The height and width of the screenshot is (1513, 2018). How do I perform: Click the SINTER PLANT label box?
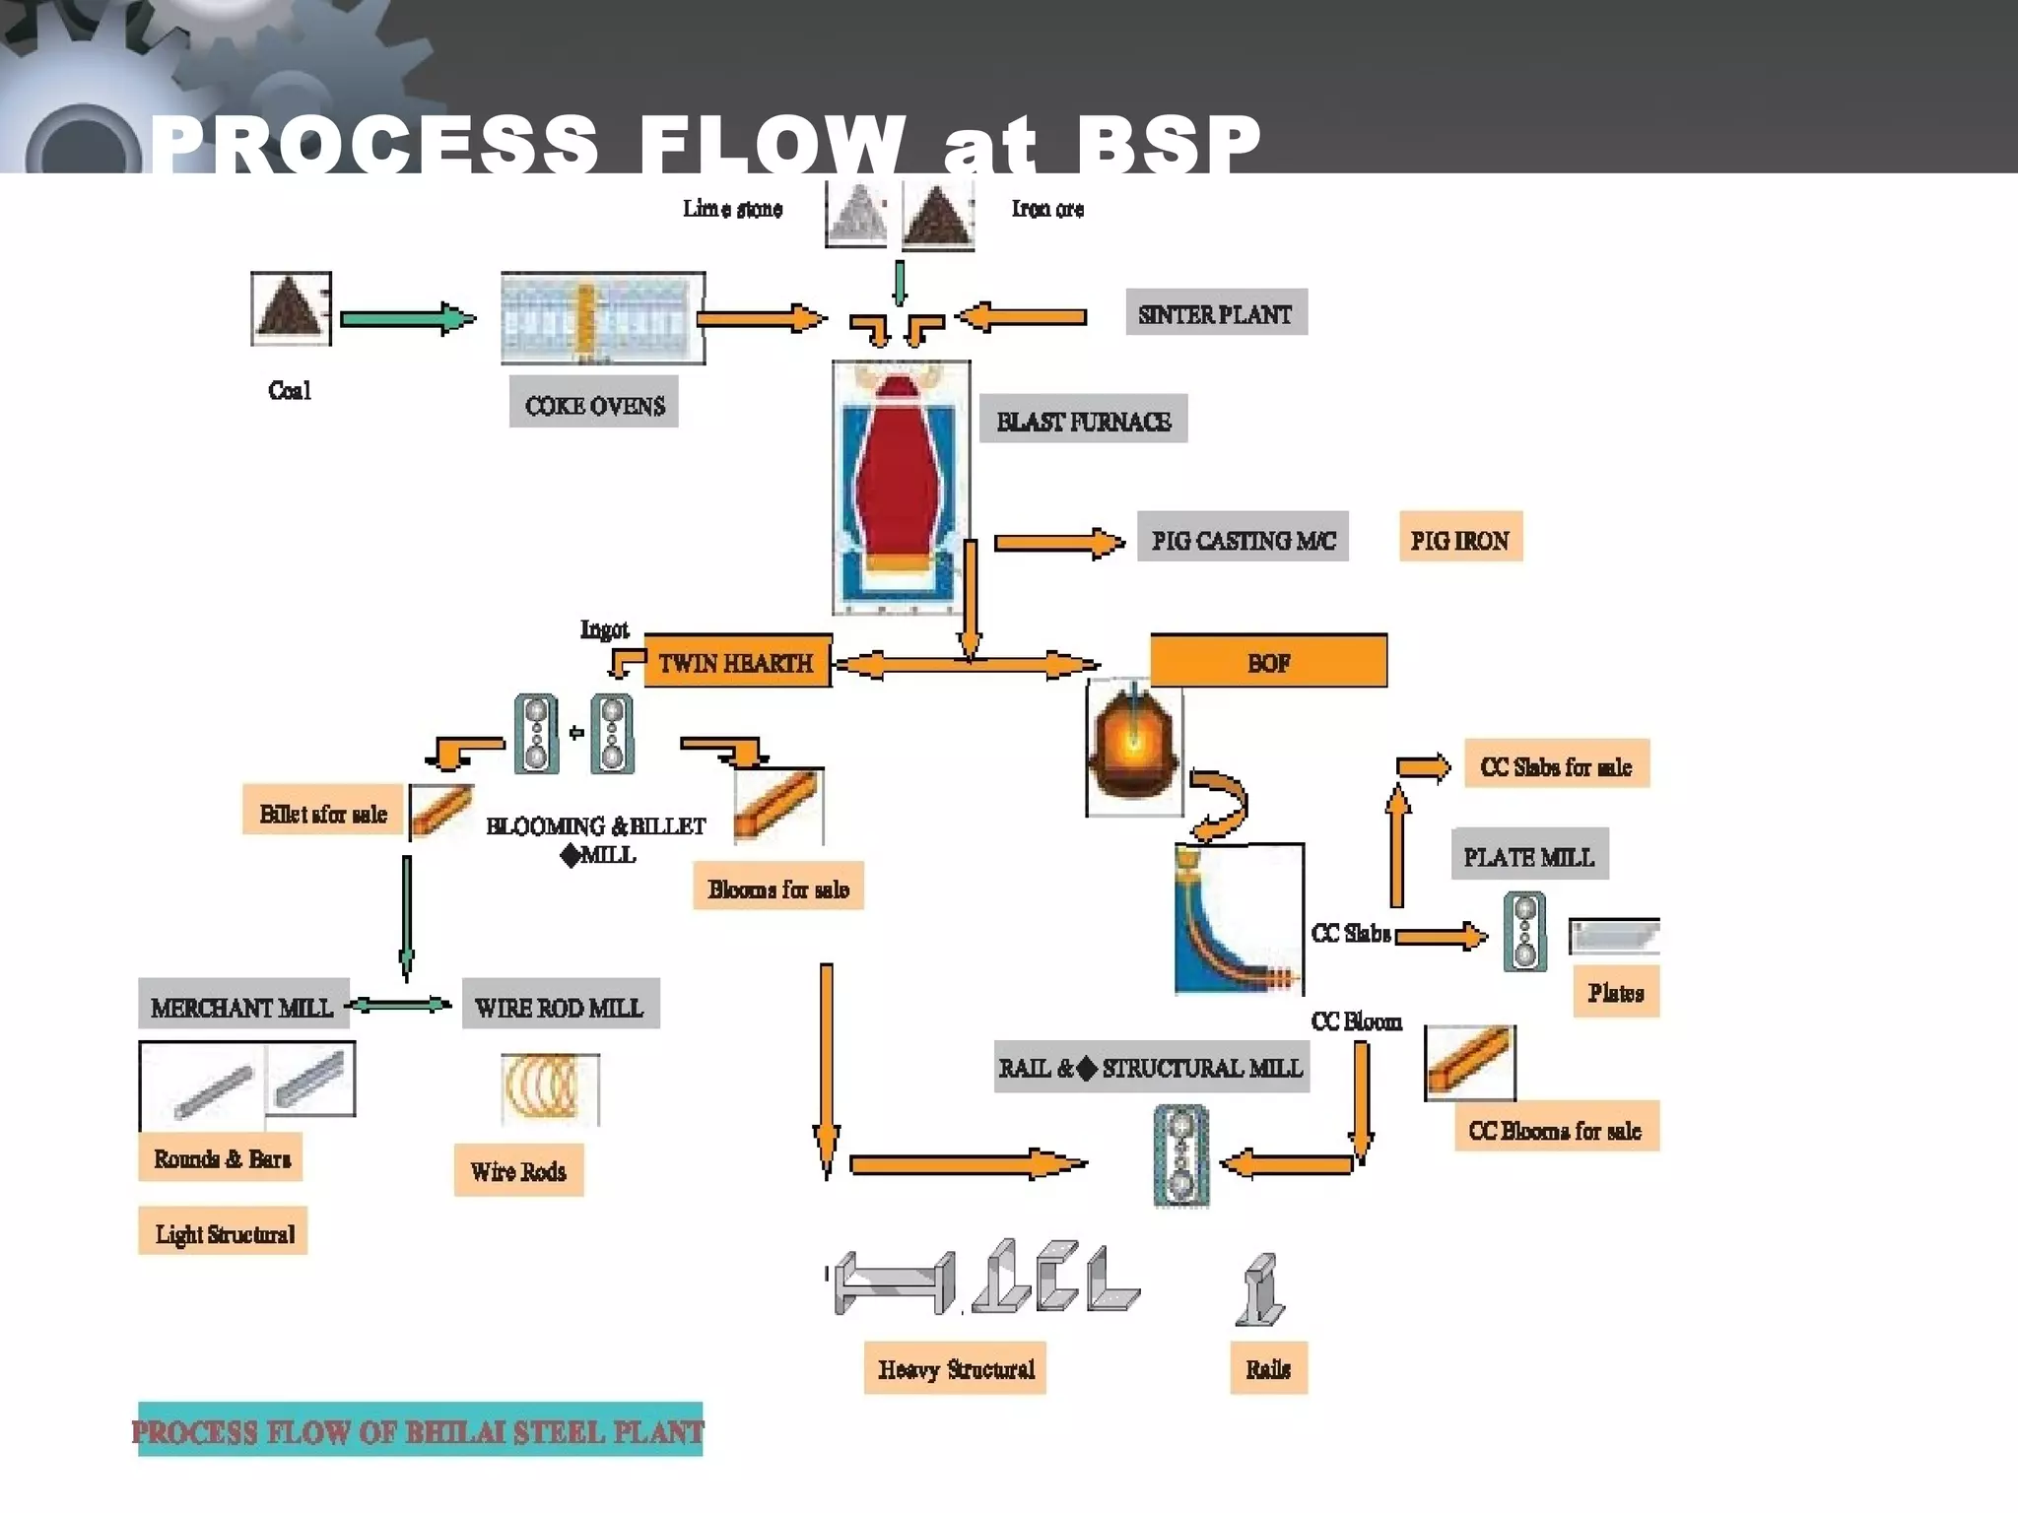[1216, 313]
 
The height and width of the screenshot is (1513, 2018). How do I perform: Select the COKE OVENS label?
[593, 403]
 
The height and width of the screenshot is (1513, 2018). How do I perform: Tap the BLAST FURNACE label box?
[1083, 421]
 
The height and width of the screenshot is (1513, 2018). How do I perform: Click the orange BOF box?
[1268, 661]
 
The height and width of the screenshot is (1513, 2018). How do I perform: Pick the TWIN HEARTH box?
[737, 662]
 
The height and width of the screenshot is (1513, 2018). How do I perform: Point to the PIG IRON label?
[1459, 538]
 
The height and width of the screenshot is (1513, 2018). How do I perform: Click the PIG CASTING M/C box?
[1243, 538]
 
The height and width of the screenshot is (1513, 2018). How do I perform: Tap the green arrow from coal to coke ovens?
[407, 318]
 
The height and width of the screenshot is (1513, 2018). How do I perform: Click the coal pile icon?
[291, 308]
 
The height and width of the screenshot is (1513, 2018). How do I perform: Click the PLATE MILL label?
[1528, 855]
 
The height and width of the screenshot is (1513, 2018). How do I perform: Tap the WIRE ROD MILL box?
[560, 1006]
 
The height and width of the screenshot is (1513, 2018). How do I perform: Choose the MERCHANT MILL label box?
[242, 1006]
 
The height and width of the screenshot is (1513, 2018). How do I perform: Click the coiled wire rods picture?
[549, 1087]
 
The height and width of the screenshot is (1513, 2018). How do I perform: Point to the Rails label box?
[1268, 1367]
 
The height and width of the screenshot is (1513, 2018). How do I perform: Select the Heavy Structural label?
[955, 1367]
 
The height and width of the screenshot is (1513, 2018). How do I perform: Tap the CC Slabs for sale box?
[1556, 764]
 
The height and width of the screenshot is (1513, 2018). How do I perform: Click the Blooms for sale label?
[777, 887]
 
